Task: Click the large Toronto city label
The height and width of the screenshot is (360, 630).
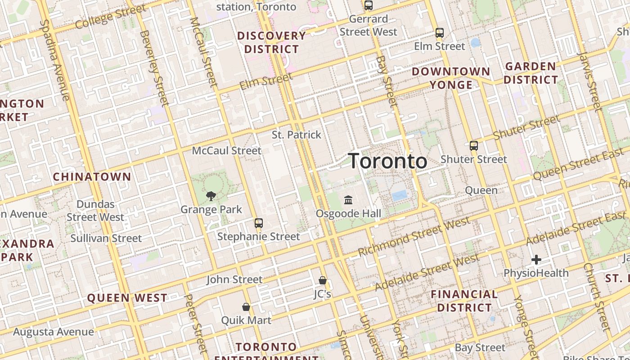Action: pos(388,161)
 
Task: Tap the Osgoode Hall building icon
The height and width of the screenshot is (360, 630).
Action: pos(348,200)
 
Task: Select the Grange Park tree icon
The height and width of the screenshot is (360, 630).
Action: pos(211,196)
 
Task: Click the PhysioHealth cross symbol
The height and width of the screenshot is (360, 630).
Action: pos(536,260)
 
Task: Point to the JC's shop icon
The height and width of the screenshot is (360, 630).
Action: pos(322,280)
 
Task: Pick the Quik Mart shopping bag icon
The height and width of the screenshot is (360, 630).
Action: pos(246,307)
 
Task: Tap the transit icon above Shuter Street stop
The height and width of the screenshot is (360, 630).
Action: pos(473,146)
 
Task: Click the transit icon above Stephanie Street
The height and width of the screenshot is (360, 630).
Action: pos(258,223)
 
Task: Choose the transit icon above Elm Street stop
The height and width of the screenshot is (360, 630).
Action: pos(440,33)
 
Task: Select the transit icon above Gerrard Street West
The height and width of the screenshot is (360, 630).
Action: pos(369,5)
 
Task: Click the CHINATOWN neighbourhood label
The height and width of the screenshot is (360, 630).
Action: pos(92,177)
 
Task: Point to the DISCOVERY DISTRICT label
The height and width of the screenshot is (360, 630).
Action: pos(272,42)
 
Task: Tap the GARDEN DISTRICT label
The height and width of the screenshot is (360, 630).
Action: pos(531,73)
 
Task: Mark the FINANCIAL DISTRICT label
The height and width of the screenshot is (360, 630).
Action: pos(464,301)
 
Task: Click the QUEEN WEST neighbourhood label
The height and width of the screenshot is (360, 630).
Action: pos(127,298)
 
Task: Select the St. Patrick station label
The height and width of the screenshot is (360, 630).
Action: pos(297,135)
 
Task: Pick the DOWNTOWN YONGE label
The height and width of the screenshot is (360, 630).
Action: pos(451,78)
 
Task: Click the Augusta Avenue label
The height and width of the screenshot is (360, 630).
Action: pos(54,332)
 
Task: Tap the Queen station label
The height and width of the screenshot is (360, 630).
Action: pos(481,190)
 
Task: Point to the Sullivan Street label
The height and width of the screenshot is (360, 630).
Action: pos(106,238)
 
